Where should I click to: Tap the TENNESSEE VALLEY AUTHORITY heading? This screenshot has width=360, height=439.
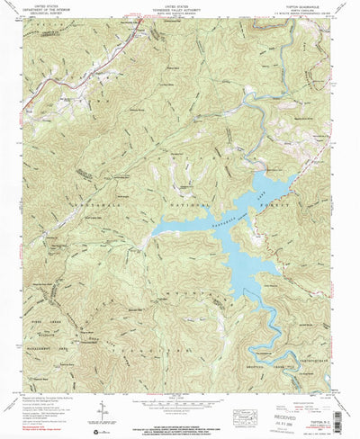tap(181, 7)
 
